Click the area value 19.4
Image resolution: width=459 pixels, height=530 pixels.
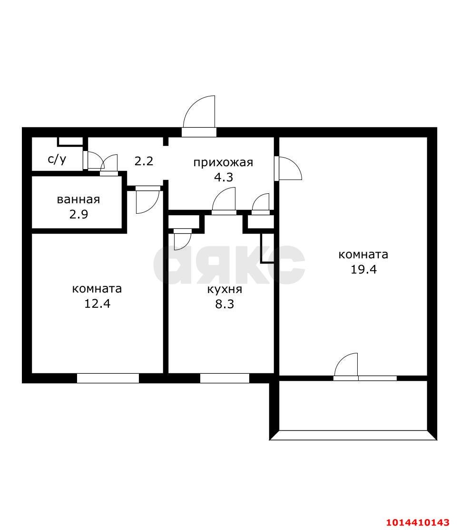tap(363, 269)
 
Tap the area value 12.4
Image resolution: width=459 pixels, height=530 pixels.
tap(97, 303)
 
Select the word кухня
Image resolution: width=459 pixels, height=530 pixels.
tap(225, 290)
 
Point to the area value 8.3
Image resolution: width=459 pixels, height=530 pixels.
tap(225, 304)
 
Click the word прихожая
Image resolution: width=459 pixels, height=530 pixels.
tap(223, 162)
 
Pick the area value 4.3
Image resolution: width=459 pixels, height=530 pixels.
tap(223, 177)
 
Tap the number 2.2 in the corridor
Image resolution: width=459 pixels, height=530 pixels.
tap(144, 161)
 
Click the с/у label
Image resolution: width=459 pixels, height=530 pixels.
tap(57, 159)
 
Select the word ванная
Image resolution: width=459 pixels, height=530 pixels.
tap(78, 199)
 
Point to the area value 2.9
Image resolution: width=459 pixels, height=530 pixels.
tap(78, 214)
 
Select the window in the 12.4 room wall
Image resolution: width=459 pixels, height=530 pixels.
tap(108, 378)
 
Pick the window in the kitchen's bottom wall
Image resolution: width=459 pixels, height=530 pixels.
tap(225, 378)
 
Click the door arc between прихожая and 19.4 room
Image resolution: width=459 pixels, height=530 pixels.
tap(289, 168)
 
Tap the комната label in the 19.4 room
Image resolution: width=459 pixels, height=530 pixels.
tap(363, 255)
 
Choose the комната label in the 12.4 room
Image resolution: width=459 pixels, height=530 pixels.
tap(97, 289)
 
